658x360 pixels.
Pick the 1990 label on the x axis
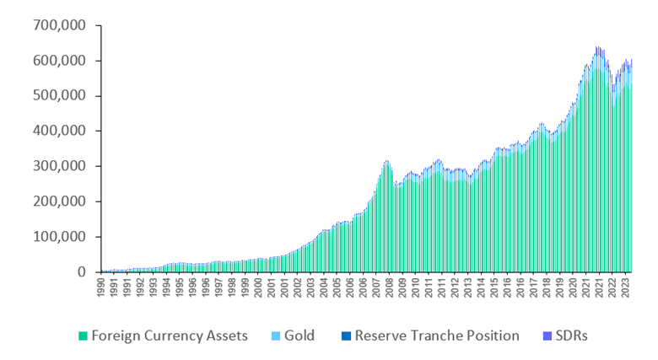point(102,289)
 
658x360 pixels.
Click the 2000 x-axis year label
point(257,289)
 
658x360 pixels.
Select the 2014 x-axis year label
point(481,289)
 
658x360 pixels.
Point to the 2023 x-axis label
point(625,289)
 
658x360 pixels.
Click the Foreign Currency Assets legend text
point(170,336)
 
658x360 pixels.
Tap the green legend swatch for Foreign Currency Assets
point(83,336)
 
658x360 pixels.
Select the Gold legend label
point(298,336)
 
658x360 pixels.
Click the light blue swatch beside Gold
point(272,336)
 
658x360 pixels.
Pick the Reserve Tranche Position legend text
point(437,336)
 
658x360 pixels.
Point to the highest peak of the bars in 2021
point(598,48)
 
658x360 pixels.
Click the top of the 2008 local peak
point(386,161)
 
